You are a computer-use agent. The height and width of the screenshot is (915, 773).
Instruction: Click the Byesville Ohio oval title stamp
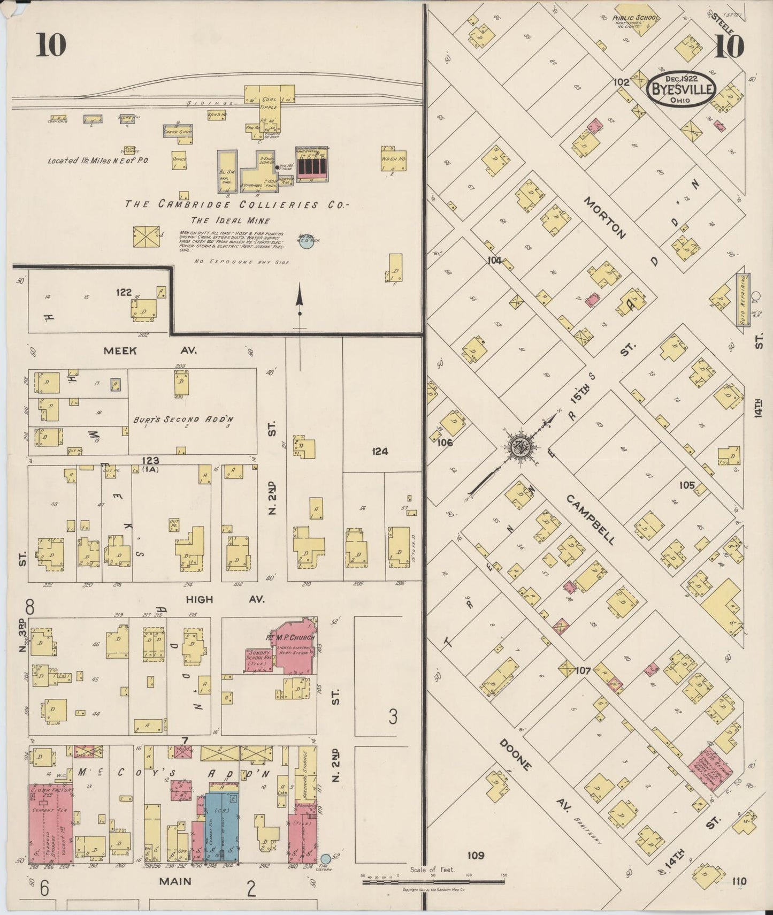(x=682, y=89)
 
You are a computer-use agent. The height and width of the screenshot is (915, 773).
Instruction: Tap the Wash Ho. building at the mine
(x=394, y=159)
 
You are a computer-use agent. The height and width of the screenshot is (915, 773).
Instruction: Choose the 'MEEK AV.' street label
(x=150, y=351)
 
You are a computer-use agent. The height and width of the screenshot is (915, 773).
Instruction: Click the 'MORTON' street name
(x=604, y=217)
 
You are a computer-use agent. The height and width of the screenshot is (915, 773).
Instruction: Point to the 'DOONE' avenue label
(x=516, y=755)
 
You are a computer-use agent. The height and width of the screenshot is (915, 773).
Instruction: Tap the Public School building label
(x=635, y=18)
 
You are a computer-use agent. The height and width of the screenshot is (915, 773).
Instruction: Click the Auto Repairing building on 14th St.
(x=743, y=300)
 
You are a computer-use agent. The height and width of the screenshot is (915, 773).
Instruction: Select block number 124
(x=380, y=451)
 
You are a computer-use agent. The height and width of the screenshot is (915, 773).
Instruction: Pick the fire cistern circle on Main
(x=325, y=858)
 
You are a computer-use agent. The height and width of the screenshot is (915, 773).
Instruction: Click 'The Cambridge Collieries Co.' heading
(x=236, y=204)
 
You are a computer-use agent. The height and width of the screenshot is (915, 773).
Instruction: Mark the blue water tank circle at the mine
(x=306, y=243)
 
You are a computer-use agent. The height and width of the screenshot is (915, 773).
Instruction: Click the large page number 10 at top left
(x=51, y=45)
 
